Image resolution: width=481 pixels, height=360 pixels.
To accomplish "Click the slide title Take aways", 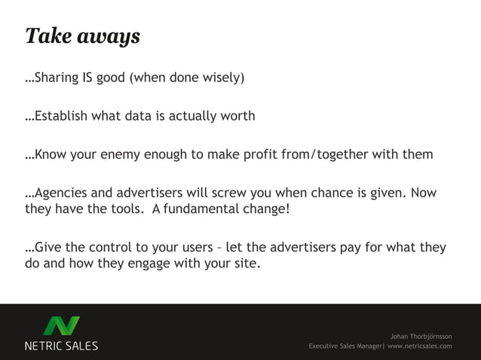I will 82,36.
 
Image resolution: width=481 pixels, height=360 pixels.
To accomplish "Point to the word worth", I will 237,116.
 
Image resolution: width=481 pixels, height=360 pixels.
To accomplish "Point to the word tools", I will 128,209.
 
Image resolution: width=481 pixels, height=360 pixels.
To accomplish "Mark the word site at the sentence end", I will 249,263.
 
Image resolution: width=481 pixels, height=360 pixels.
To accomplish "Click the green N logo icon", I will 61,326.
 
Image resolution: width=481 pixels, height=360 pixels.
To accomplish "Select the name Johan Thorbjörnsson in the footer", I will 421,335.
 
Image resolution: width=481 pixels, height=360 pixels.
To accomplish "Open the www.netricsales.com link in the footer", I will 419,346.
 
